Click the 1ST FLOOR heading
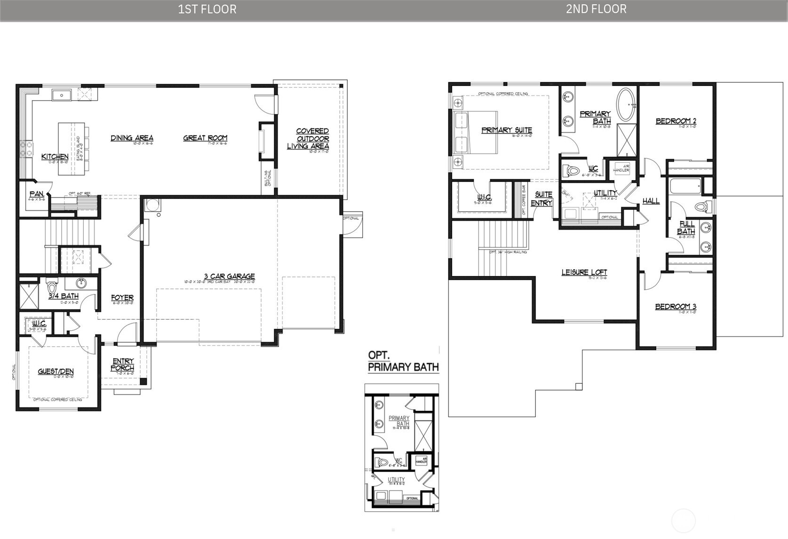[207, 9]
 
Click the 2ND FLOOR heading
[596, 9]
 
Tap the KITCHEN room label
[55, 157]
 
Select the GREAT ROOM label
[205, 138]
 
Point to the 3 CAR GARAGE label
[229, 277]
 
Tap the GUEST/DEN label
[56, 372]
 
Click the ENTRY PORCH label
[123, 365]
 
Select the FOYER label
[122, 298]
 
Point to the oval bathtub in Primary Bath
[626, 104]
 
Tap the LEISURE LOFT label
[584, 272]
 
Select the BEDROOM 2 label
[676, 121]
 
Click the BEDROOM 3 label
[676, 307]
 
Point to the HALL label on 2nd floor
[651, 201]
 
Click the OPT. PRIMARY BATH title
[403, 361]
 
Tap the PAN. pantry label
[37, 194]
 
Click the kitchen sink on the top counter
[62, 96]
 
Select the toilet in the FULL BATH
[702, 206]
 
